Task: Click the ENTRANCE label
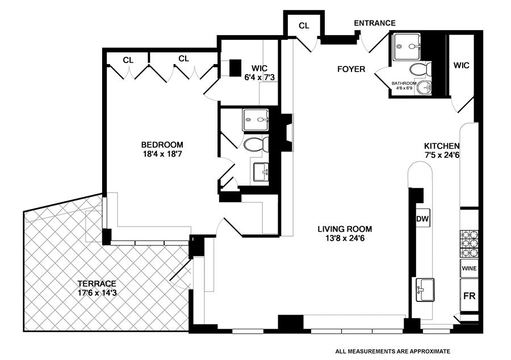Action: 375,23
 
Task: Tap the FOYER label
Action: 351,69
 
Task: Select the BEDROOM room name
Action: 162,144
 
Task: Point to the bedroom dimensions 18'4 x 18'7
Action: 162,153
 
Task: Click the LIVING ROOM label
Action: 345,229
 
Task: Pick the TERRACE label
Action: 97,284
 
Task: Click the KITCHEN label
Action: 442,146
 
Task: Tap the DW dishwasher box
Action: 422,219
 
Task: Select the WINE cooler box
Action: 470,269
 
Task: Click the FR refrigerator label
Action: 470,296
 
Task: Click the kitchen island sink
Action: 425,290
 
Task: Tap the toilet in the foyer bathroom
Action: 421,69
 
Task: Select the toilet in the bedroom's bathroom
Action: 256,144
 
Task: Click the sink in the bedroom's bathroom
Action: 261,171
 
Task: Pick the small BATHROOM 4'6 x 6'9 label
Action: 404,86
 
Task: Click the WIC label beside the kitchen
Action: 462,65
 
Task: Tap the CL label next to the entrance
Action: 304,26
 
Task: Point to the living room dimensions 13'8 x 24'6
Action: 345,238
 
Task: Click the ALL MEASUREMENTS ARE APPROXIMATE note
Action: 393,351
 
